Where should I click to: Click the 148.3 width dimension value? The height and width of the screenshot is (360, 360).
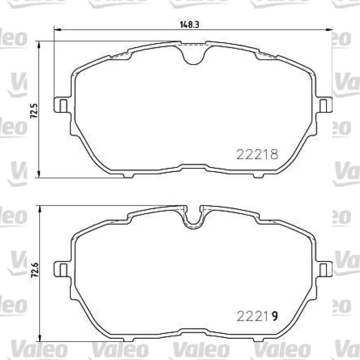click(x=189, y=25)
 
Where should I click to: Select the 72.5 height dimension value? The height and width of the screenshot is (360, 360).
click(x=34, y=111)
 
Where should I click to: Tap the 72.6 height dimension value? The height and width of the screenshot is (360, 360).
click(x=35, y=270)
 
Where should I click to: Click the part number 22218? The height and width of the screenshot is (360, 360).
click(x=257, y=154)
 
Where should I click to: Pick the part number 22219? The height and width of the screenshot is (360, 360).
click(x=257, y=316)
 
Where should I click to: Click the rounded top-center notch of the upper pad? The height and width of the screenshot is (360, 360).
click(x=193, y=55)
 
